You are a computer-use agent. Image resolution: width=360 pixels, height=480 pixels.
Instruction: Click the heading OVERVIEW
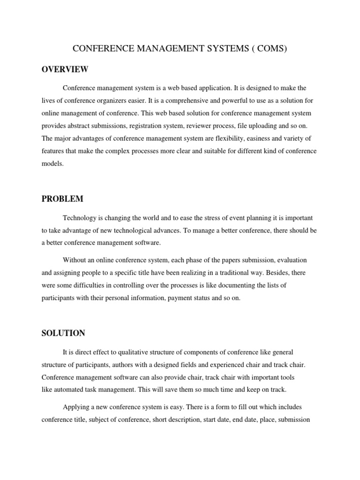[x=65, y=69]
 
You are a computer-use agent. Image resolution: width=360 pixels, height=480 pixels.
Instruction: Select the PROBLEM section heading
[x=62, y=199]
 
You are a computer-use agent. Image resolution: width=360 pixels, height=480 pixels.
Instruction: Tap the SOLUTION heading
[x=63, y=333]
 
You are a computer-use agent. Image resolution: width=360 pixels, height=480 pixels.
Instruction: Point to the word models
[x=52, y=164]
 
